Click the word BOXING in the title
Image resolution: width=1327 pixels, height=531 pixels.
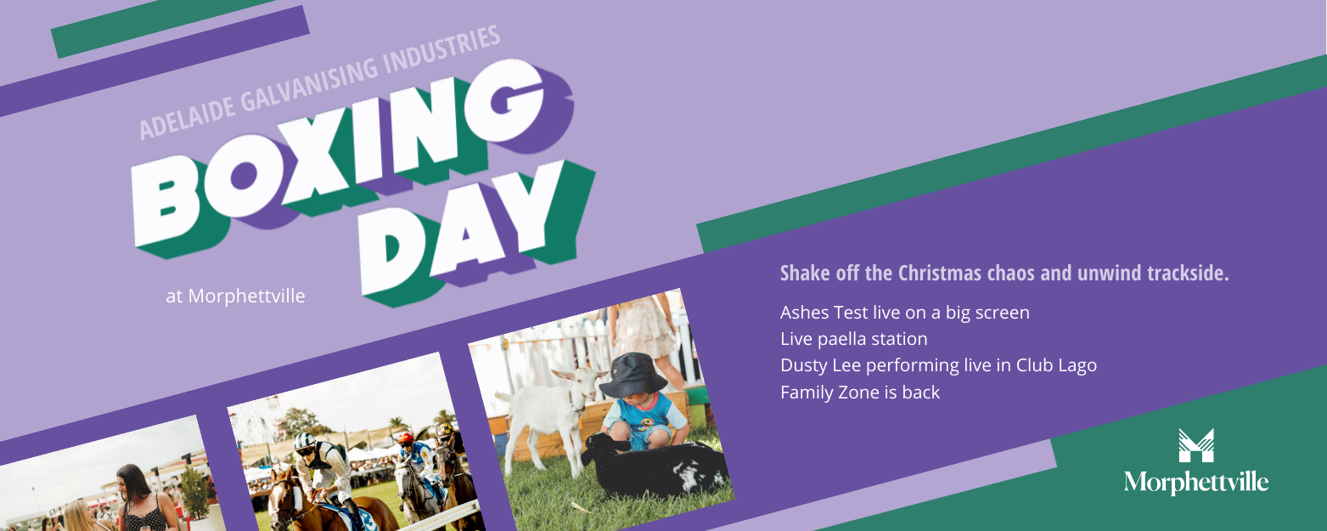pos(338,154)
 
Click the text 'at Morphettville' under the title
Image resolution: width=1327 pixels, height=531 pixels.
pos(236,296)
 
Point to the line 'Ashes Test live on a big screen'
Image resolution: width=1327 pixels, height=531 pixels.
pos(904,313)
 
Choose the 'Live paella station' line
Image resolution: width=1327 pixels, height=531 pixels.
pos(853,339)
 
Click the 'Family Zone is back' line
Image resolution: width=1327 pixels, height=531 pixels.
pos(860,393)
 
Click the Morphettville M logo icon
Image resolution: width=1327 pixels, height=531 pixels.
pos(1196,445)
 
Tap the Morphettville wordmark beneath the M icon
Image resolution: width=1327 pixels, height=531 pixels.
pos(1196,483)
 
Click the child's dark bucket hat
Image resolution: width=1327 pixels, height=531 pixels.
pos(633,376)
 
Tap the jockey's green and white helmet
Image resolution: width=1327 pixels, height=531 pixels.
pos(305,442)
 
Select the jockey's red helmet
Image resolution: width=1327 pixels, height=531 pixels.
pos(406,438)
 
